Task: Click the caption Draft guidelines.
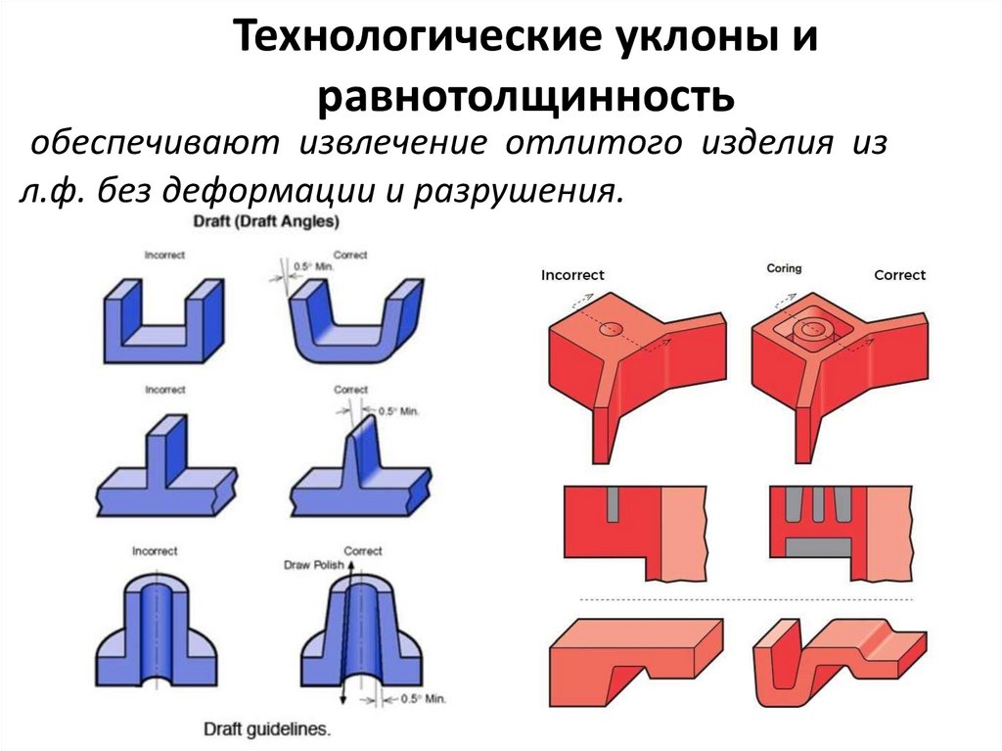coord(267,729)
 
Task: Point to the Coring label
coord(784,267)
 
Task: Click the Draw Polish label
coord(309,565)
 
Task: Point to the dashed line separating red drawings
coord(744,599)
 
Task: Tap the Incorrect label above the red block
coord(572,275)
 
